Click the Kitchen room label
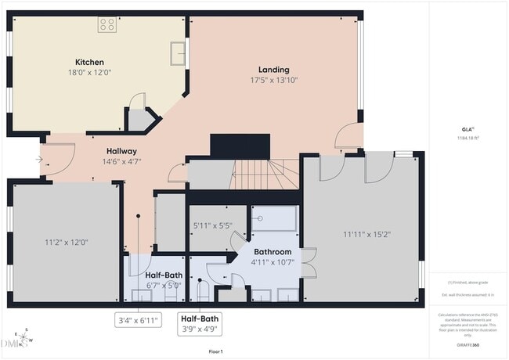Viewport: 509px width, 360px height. coord(89,62)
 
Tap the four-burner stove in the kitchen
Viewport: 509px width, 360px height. coord(106,25)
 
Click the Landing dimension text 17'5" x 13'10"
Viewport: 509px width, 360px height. coord(273,80)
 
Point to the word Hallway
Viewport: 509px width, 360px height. coord(122,151)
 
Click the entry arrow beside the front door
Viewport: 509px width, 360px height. coord(39,159)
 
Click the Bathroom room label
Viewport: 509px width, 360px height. coord(273,252)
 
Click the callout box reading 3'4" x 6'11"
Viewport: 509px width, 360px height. coord(139,320)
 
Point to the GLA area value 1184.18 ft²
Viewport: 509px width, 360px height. coord(467,137)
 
